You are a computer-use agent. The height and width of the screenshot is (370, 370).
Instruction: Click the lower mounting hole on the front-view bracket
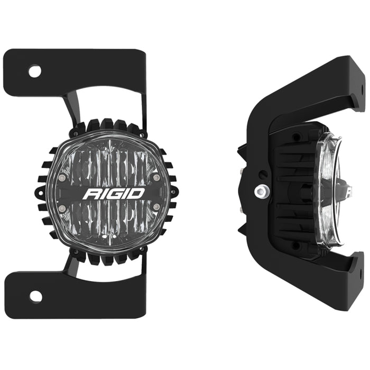(x=35, y=296)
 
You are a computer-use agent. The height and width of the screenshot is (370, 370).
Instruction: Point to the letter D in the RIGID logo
(x=136, y=193)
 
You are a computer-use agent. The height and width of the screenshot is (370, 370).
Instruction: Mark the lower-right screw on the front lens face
(x=157, y=204)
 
